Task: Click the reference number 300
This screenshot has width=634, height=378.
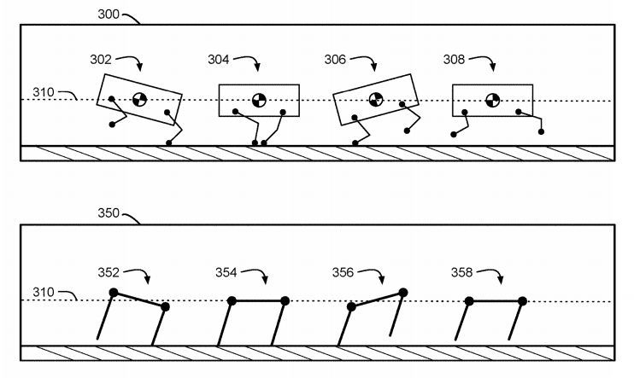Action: click(x=109, y=15)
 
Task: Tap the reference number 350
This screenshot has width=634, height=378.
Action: click(x=109, y=212)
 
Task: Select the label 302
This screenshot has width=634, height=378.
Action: click(x=101, y=60)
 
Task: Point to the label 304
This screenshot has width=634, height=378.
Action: click(x=219, y=60)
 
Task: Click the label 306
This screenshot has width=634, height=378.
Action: click(x=335, y=60)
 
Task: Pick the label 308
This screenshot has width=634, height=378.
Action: click(x=454, y=60)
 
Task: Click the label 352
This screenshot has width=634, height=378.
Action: click(x=109, y=272)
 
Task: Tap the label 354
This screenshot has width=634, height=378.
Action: click(x=226, y=272)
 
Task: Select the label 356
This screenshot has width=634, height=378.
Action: click(x=343, y=272)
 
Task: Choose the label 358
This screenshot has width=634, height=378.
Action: click(x=461, y=272)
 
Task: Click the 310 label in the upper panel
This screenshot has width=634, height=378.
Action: click(x=44, y=92)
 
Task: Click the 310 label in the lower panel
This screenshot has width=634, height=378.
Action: click(x=44, y=292)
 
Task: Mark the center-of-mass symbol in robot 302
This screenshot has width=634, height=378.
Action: click(x=139, y=99)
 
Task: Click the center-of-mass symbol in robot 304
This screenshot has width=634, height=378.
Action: click(x=259, y=100)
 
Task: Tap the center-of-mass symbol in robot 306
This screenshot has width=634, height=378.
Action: click(x=376, y=99)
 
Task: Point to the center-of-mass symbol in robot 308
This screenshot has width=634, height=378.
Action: click(x=492, y=100)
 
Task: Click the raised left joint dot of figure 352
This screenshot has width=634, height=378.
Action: click(x=114, y=293)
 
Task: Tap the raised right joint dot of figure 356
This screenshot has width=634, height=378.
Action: click(x=403, y=293)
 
